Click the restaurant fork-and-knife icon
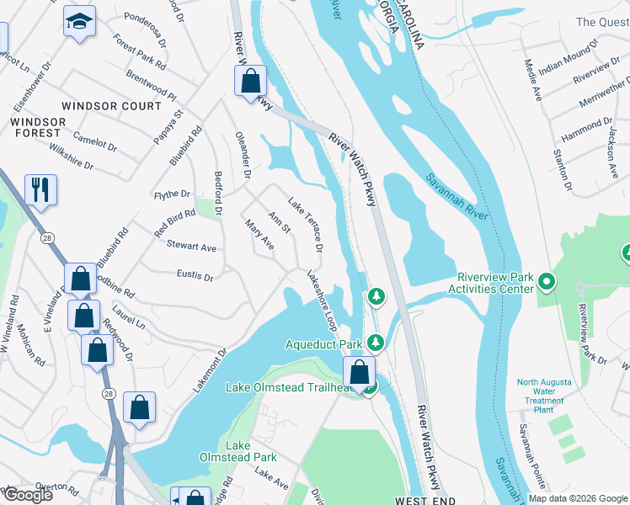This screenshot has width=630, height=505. pyautogui.click(x=40, y=190)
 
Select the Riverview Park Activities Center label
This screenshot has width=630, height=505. pyautogui.click(x=495, y=283)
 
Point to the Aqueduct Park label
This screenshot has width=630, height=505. pyautogui.click(x=323, y=344)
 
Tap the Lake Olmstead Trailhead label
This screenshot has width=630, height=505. pyautogui.click(x=283, y=387)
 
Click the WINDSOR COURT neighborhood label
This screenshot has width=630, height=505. pyautogui.click(x=111, y=107)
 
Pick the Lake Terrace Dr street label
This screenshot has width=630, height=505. pyautogui.click(x=306, y=225)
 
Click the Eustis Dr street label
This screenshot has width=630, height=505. pyautogui.click(x=195, y=275)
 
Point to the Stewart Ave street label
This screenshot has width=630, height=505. pyautogui.click(x=191, y=247)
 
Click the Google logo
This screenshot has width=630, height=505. pyautogui.click(x=27, y=495)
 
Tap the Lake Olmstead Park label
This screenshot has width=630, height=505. pyautogui.click(x=250, y=451)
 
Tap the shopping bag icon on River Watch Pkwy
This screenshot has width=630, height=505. pyautogui.click(x=250, y=82)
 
